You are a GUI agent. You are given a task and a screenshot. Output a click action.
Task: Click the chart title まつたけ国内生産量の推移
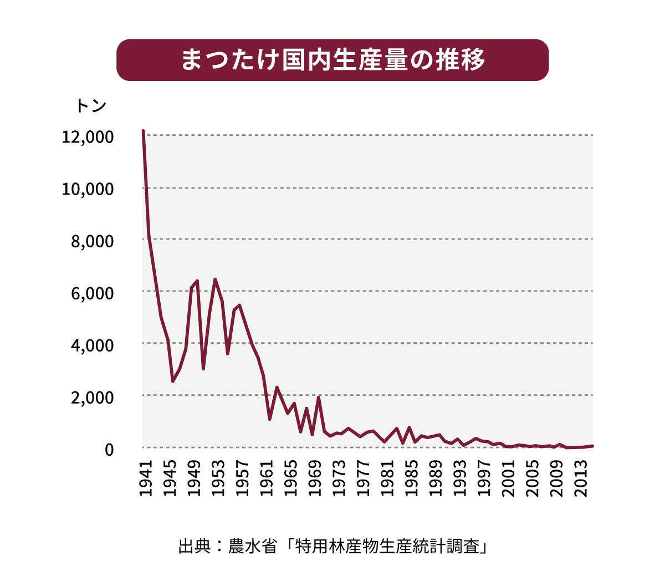[332, 60]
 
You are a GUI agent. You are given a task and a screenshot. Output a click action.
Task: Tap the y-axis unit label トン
[90, 105]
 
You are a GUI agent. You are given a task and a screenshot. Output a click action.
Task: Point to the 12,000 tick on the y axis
[88, 137]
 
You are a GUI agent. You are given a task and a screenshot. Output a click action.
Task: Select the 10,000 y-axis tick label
[88, 189]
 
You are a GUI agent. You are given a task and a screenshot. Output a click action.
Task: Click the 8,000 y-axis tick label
[93, 241]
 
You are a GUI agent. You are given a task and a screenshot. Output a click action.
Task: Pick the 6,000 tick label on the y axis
[93, 293]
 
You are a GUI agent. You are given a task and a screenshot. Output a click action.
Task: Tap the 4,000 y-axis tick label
[93, 345]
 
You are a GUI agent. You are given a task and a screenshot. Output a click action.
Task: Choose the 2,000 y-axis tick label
[93, 397]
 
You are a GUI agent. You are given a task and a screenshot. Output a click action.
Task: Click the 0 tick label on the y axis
[109, 449]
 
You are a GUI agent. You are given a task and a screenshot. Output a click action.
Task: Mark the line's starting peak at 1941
[144, 131]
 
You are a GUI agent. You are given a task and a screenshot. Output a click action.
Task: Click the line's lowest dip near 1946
[173, 381]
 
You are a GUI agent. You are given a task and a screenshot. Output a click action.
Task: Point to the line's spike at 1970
[319, 397]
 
